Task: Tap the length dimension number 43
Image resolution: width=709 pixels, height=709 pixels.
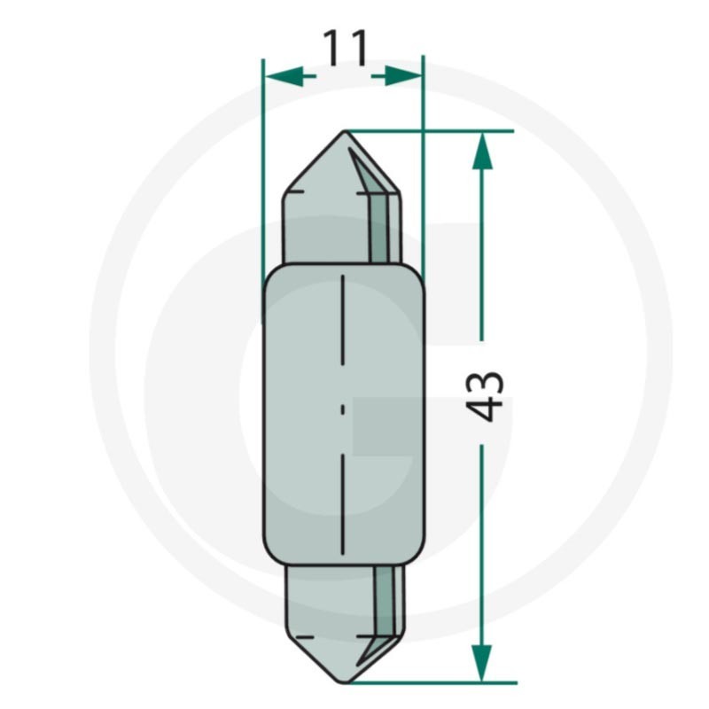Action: (485, 394)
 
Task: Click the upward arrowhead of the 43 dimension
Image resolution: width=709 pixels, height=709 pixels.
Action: (481, 152)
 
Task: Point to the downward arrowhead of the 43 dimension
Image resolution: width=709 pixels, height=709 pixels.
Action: (481, 662)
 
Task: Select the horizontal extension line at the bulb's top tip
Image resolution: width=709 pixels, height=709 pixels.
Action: (443, 131)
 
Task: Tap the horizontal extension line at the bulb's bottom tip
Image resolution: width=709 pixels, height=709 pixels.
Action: (443, 682)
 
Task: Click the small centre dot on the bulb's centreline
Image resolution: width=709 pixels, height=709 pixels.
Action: (344, 410)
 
